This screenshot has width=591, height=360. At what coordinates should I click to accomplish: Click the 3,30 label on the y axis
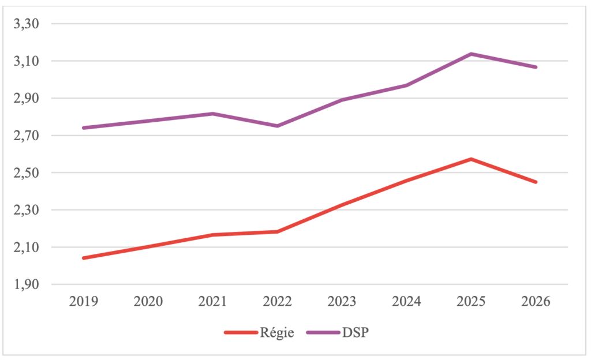[x=26, y=24]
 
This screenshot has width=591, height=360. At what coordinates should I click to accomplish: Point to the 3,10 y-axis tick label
[x=26, y=61]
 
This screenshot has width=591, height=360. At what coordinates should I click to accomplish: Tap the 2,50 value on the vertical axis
[x=26, y=173]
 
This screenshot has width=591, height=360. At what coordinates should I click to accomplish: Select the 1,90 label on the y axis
[x=26, y=284]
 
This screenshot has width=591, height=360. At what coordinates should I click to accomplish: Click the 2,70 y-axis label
[x=26, y=136]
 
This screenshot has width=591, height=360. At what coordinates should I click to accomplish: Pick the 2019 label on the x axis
[x=84, y=301]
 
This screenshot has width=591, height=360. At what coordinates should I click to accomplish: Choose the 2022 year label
[x=278, y=301]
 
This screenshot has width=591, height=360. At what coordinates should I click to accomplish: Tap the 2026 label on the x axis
[x=536, y=301]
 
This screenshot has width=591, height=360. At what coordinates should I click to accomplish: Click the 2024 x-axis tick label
[x=406, y=301]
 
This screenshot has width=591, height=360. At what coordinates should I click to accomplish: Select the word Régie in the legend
[x=277, y=333]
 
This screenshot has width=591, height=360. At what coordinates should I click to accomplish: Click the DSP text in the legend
[x=355, y=333]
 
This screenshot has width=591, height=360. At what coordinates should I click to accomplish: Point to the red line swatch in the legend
[x=241, y=332]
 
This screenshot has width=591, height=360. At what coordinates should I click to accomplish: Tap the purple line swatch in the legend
[x=323, y=332]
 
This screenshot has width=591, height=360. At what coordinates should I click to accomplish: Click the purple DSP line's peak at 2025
[x=471, y=54]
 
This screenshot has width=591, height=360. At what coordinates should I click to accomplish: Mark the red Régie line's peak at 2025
[x=471, y=159]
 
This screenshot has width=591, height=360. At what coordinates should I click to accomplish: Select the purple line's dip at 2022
[x=278, y=126]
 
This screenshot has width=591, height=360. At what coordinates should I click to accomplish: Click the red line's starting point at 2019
[x=84, y=258]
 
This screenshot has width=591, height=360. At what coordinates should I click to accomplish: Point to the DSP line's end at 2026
[x=535, y=67]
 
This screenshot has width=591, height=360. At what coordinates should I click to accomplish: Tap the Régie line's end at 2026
[x=535, y=182]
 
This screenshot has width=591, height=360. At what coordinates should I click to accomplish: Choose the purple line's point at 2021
[x=213, y=114]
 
